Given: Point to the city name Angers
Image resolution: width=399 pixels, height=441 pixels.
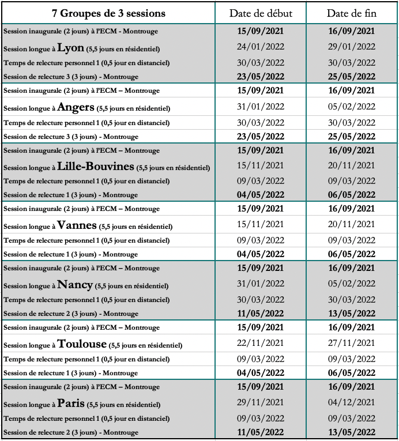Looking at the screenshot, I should (x=76, y=107).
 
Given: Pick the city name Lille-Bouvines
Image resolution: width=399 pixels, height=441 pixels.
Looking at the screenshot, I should (x=96, y=166).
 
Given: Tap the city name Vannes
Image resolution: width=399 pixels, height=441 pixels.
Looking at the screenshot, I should (x=77, y=225).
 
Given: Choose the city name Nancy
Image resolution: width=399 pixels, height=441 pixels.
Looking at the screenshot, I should (x=75, y=284).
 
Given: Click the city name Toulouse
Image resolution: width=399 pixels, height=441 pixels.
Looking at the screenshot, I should (x=82, y=344).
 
